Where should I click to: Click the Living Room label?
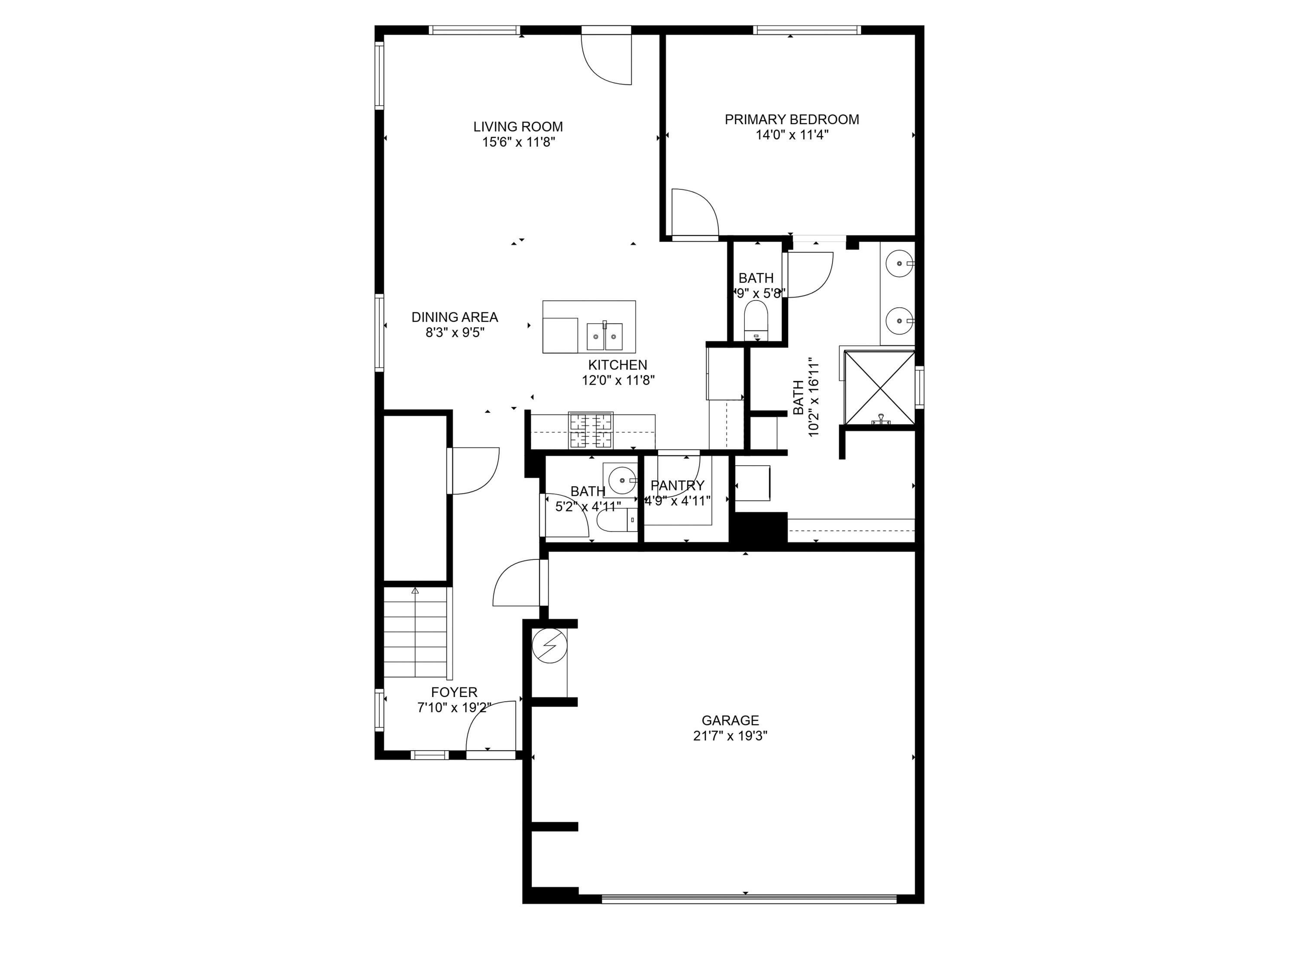tap(518, 127)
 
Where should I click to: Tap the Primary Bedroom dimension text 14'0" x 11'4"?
tap(792, 135)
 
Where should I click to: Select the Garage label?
tap(730, 720)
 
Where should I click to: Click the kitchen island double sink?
tap(604, 336)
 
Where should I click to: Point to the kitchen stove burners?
tap(590, 430)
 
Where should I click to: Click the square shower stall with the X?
tap(879, 387)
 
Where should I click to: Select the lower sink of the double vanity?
tap(899, 321)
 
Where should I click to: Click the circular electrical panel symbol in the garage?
tap(549, 646)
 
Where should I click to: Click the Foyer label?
tap(454, 692)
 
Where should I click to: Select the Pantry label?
tap(677, 486)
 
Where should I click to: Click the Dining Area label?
tap(455, 317)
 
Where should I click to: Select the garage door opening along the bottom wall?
tap(749, 898)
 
